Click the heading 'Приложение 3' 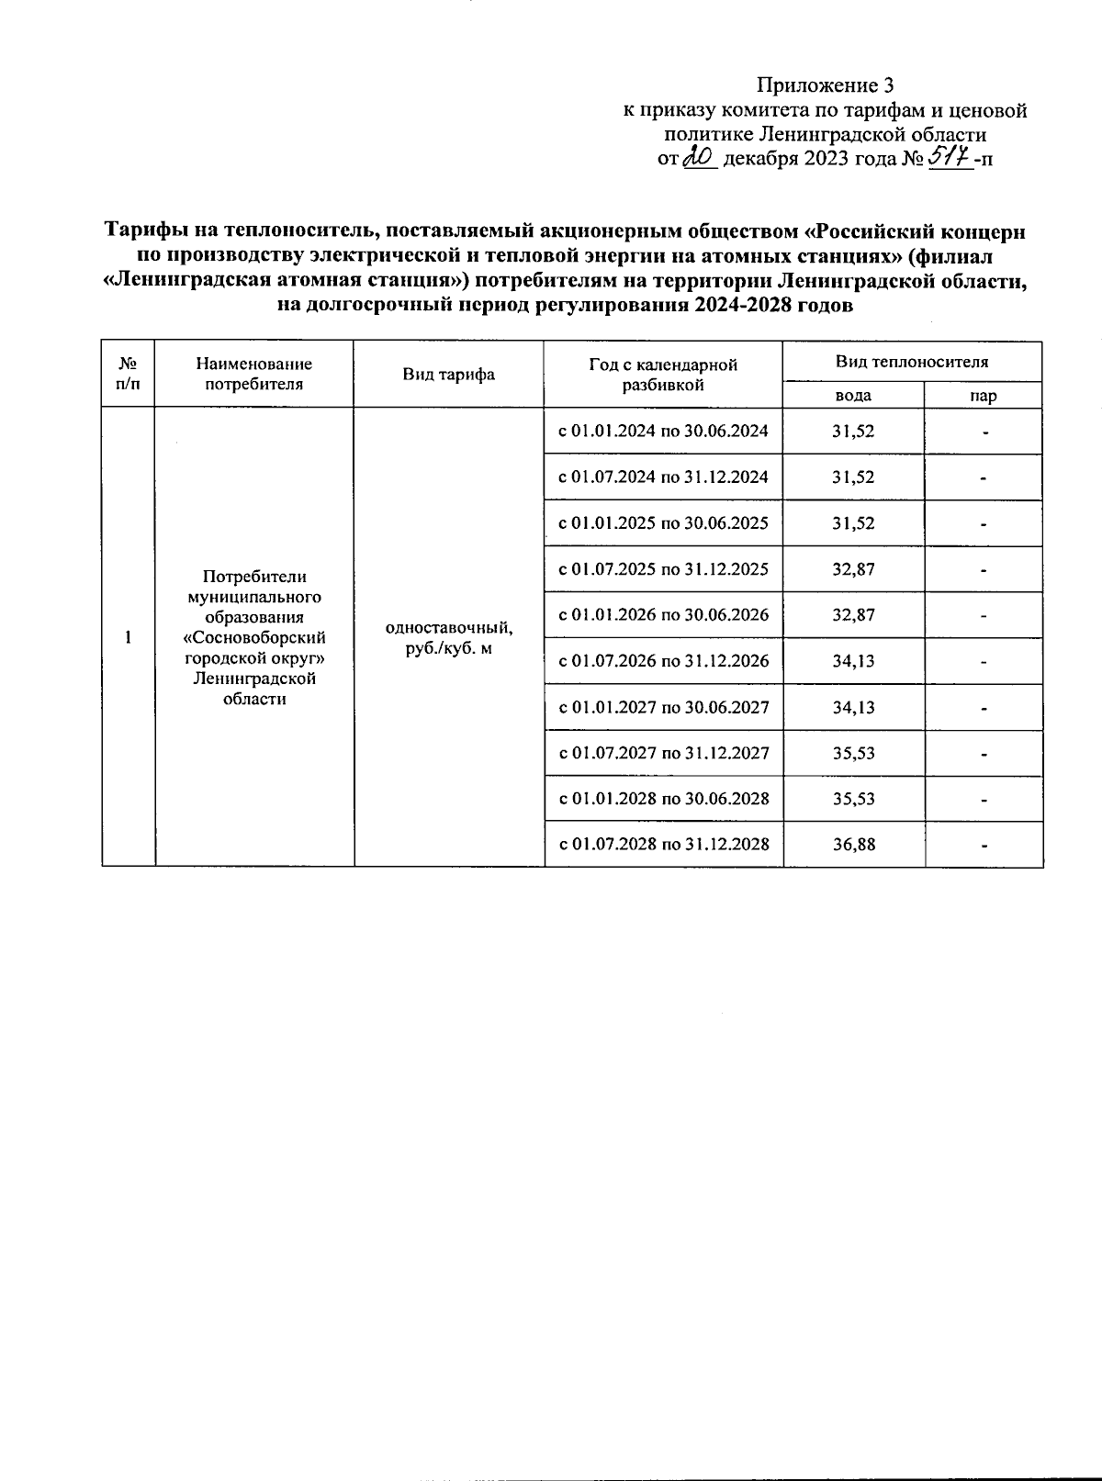click(x=824, y=86)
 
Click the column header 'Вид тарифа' click(x=448, y=375)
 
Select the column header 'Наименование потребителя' click(x=254, y=375)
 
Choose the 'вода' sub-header click(x=853, y=396)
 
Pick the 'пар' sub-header click(x=984, y=396)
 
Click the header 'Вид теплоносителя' click(x=912, y=362)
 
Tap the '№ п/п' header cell click(x=129, y=374)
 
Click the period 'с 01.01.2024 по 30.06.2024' click(x=664, y=432)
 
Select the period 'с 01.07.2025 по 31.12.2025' click(x=664, y=569)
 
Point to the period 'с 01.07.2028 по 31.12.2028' click(x=664, y=845)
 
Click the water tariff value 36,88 click(x=853, y=845)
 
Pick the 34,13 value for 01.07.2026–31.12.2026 click(x=853, y=661)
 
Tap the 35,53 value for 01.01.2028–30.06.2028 click(x=853, y=799)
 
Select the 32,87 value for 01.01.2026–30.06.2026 click(x=853, y=615)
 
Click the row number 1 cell click(x=129, y=637)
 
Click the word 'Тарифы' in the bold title click(x=142, y=231)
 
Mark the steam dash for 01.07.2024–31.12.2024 click(x=984, y=478)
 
